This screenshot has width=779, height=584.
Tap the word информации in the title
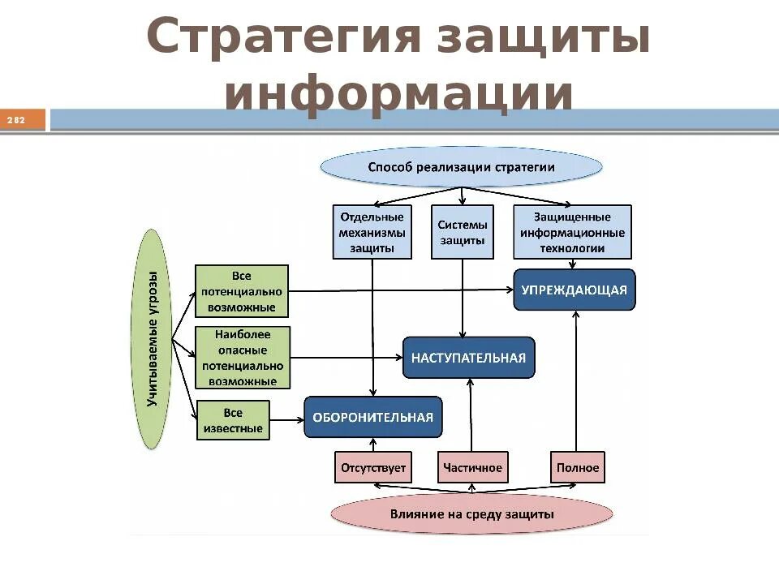point(399,93)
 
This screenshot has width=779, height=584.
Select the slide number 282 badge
point(17,121)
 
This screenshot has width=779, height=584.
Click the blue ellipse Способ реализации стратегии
point(462,168)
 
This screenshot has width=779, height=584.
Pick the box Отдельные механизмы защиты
point(372,232)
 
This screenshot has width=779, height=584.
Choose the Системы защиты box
point(463,232)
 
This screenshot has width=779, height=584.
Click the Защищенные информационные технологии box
point(572,232)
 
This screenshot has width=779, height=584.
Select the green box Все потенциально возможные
point(242,290)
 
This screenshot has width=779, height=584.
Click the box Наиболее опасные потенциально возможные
point(242,357)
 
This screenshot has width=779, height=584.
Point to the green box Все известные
point(233,420)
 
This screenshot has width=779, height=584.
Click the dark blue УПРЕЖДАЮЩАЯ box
point(575,290)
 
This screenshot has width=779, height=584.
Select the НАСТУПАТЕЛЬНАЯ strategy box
point(469,358)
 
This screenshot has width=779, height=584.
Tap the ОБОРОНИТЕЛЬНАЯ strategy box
point(373,418)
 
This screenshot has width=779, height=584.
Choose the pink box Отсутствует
point(373,467)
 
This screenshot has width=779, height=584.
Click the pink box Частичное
point(473,467)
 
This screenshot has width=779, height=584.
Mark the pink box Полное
point(578,467)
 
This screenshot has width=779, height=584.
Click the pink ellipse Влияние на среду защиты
point(472,513)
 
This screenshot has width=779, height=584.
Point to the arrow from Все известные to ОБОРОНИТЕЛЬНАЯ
point(286,419)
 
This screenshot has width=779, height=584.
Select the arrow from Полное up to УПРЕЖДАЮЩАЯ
point(576,381)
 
